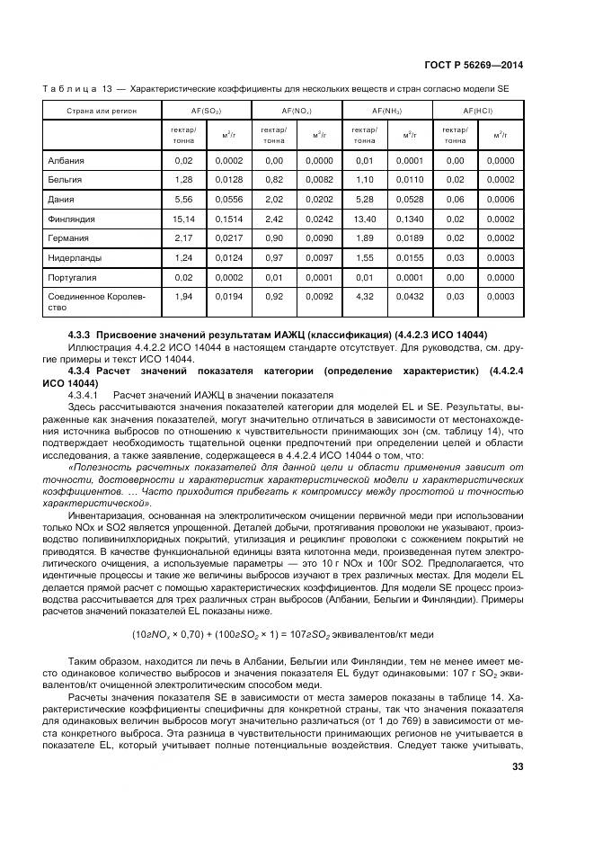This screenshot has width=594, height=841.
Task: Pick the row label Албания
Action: coord(66,160)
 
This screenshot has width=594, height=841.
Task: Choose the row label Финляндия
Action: coord(72,219)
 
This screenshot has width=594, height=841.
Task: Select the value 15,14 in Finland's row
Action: coord(184,219)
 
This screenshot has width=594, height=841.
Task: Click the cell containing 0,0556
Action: coord(228,200)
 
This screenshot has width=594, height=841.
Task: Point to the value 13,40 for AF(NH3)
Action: coord(364,219)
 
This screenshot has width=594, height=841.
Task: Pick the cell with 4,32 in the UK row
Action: coord(364,296)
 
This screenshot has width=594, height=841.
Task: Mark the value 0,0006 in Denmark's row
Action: coord(501,200)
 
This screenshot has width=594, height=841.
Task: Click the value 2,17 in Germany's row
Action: coord(184,238)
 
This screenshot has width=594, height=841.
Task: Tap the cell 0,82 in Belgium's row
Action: coord(274,180)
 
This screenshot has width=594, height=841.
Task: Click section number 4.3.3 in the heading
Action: coord(81,336)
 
